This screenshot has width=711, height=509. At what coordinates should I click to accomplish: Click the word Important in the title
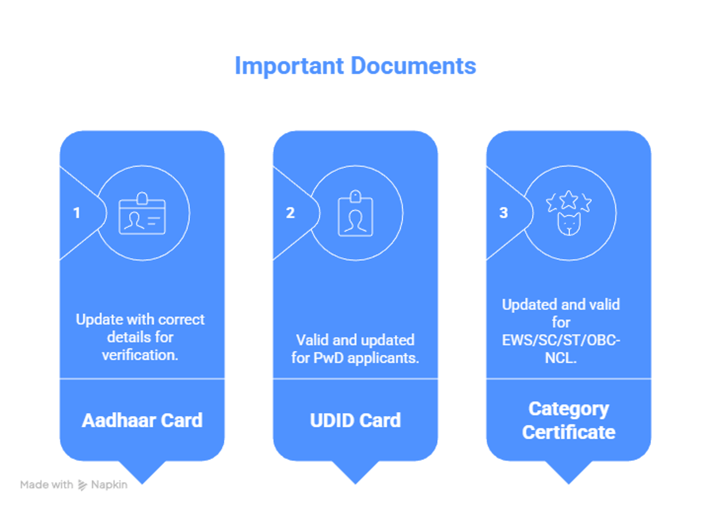289,66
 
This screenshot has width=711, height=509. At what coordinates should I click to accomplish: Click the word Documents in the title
413,66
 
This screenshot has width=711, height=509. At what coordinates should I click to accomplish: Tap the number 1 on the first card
77,213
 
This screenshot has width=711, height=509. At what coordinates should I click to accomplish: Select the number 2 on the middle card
290,213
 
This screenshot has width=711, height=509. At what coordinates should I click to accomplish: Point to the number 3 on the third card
504,213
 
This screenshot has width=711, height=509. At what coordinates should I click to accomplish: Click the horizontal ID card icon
142,214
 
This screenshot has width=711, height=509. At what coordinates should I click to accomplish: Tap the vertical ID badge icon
355,214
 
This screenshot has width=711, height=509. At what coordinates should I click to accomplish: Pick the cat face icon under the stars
569,224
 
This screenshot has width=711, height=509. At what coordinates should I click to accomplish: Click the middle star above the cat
569,200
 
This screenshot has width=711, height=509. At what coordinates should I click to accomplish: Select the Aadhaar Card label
142,420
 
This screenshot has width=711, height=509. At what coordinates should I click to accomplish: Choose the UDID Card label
355,420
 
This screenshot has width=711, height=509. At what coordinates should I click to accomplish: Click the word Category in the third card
569,409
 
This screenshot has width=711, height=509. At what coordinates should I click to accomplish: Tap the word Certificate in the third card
569,432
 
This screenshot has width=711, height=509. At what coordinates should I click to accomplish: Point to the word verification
140,355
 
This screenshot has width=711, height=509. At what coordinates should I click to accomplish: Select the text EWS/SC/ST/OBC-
561,340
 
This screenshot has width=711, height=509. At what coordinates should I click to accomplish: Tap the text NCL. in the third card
561,358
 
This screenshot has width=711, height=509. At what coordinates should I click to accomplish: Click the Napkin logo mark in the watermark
82,485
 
